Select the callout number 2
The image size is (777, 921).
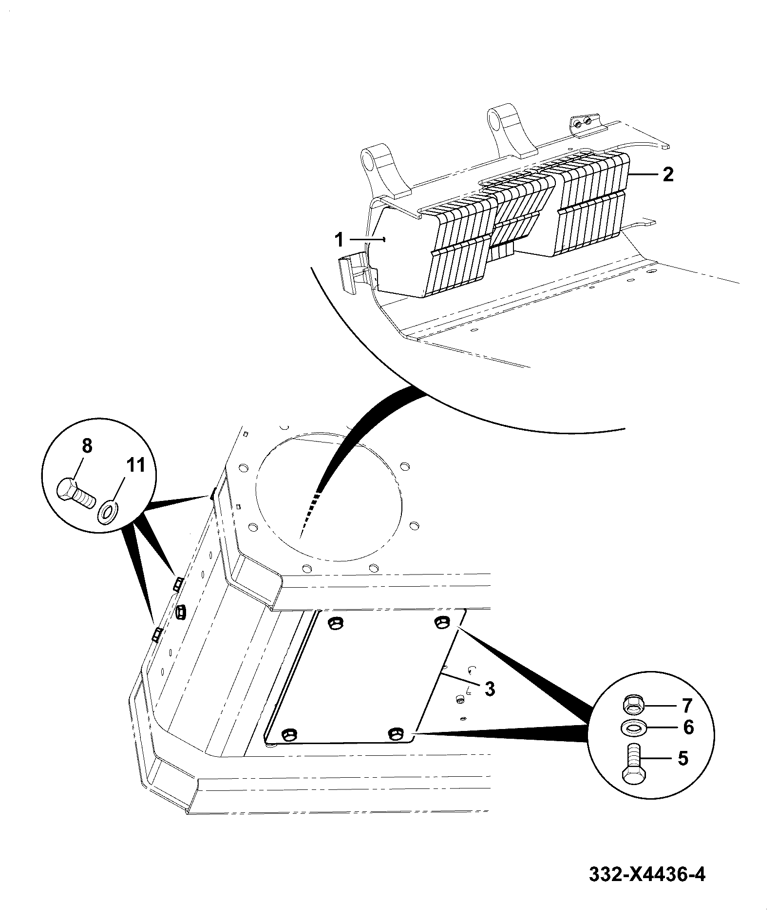668,174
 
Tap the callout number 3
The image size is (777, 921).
490,689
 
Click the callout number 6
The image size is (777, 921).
688,728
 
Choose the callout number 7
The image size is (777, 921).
687,705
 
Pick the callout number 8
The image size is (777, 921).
86,446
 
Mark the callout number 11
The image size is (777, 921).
136,465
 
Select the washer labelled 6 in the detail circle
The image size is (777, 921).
633,728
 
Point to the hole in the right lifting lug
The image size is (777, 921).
496,119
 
